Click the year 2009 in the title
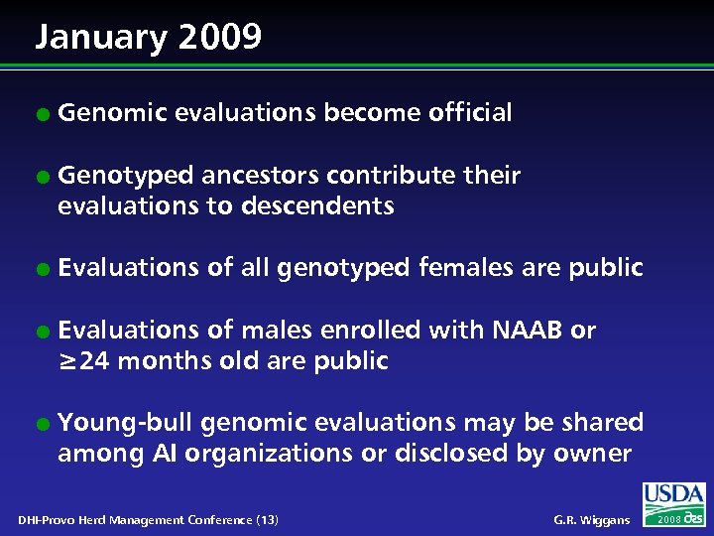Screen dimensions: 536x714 point(221,38)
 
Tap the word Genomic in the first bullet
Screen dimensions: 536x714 point(111,113)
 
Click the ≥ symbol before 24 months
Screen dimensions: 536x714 point(68,361)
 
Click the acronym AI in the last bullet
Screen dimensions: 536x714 point(165,454)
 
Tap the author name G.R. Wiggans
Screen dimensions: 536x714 point(590,520)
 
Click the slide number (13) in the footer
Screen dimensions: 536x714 point(266,520)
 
